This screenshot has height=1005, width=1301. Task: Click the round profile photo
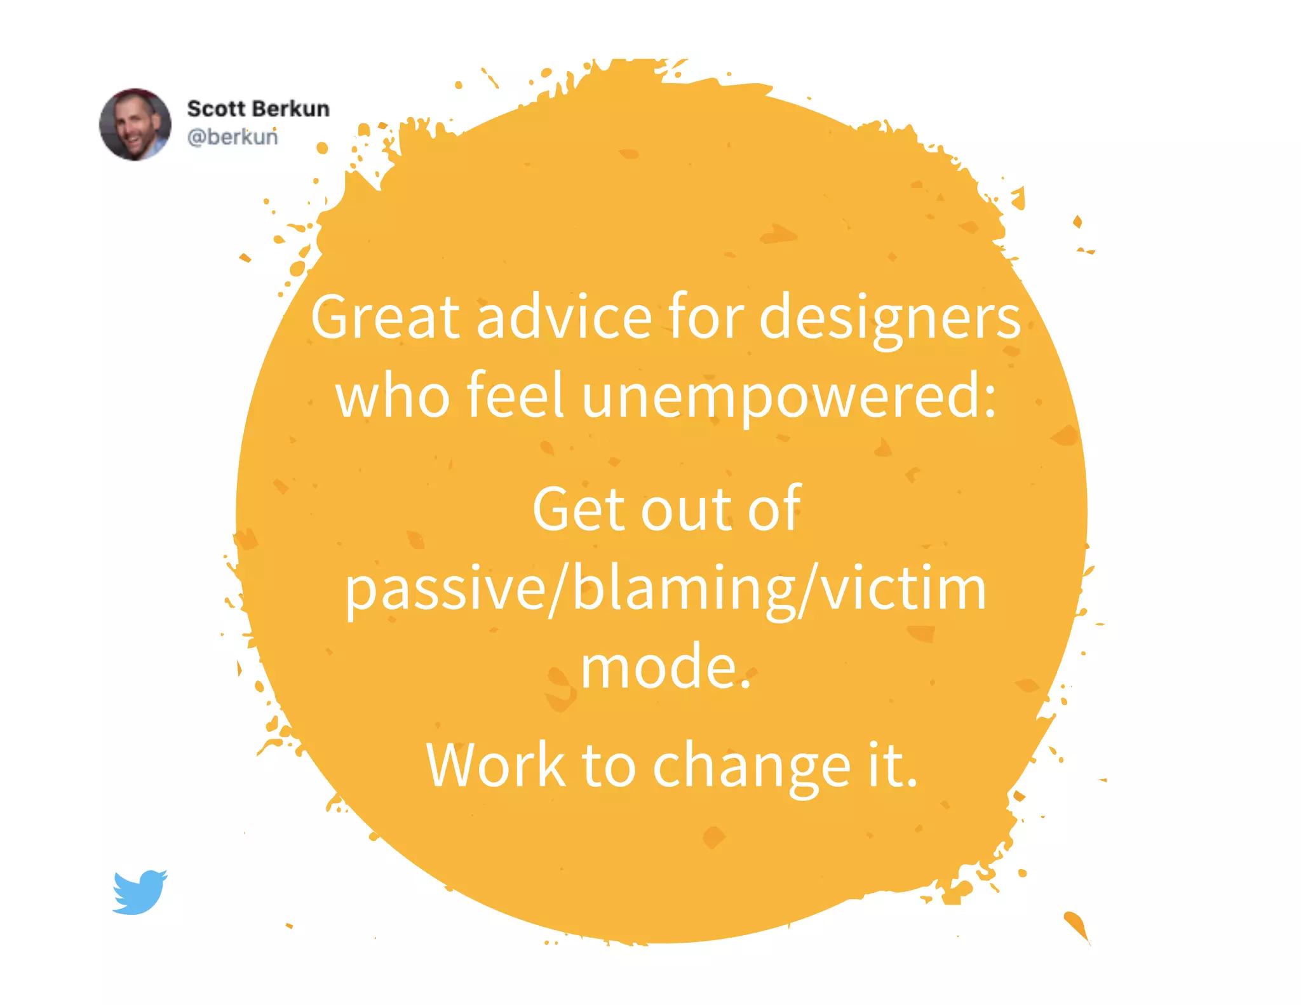pos(135,125)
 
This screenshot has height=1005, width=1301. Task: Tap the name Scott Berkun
pos(258,109)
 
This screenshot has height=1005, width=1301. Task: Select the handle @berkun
pos(233,137)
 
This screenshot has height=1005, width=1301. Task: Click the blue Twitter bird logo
pos(140,892)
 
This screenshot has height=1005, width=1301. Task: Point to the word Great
pos(385,317)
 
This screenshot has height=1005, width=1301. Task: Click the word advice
pos(564,317)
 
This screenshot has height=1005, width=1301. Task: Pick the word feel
pos(515,395)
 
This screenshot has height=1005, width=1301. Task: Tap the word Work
pos(495,766)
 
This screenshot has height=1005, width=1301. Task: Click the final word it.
pos(893,765)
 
